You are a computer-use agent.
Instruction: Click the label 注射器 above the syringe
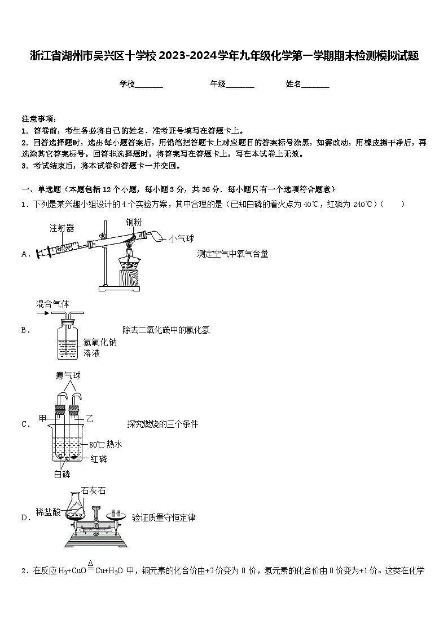tap(62, 228)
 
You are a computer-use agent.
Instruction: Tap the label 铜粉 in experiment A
tap(134, 223)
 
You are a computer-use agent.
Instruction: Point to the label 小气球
tap(181, 239)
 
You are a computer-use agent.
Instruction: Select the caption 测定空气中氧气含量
tap(232, 254)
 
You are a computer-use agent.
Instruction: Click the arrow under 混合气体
tap(42, 312)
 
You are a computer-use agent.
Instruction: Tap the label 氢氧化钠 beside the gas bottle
tap(100, 342)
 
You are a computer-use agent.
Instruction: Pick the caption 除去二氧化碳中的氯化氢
tap(166, 330)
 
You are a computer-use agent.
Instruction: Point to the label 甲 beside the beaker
tap(42, 418)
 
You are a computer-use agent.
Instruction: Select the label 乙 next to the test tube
tap(89, 418)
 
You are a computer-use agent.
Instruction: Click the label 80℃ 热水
tap(106, 445)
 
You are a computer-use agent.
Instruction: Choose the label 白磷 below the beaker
tap(62, 474)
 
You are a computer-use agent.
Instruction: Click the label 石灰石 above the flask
tap(93, 490)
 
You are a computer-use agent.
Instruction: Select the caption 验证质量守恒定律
tap(164, 517)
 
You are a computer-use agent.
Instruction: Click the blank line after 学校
tap(149, 85)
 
